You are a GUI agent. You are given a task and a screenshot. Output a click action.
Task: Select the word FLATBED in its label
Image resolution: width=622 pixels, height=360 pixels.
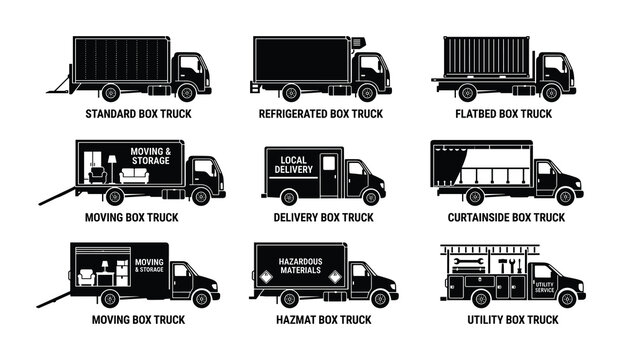477,114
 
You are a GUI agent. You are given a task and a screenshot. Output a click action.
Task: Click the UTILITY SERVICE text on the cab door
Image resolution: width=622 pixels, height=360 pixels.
544,287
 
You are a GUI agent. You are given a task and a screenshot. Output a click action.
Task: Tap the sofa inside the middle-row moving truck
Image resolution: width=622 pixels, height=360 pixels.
134,174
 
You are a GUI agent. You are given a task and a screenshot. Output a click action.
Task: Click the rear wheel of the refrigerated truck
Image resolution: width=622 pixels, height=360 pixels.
291,94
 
